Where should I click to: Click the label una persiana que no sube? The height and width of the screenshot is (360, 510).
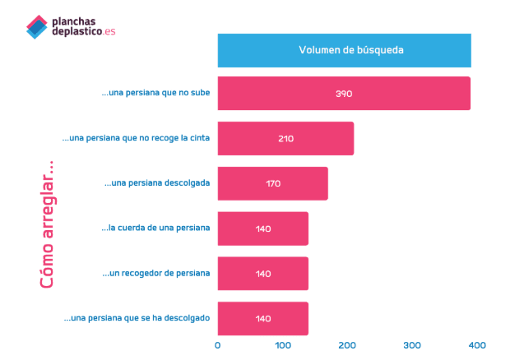click(x=155, y=93)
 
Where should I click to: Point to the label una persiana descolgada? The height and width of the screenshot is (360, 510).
click(x=157, y=182)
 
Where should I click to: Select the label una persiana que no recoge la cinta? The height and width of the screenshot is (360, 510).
click(x=136, y=138)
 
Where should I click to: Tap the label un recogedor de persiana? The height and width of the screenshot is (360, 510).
click(x=156, y=273)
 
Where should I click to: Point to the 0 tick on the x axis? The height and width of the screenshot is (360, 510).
click(x=217, y=345)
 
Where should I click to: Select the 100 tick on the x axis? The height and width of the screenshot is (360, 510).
click(x=282, y=345)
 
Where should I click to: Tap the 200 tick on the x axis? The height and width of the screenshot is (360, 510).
click(x=347, y=345)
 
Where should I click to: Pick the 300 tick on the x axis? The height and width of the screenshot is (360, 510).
click(x=412, y=345)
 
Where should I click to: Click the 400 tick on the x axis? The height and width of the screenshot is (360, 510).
click(x=477, y=345)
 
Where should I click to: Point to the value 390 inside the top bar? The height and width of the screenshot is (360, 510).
click(x=344, y=94)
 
